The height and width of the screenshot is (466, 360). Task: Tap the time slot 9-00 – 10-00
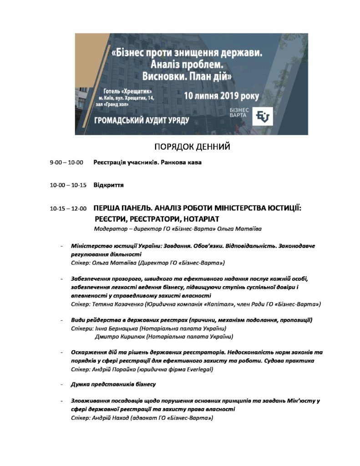(67, 162)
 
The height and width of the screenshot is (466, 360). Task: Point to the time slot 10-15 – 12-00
(68, 209)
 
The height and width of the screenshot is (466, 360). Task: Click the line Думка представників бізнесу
(114, 385)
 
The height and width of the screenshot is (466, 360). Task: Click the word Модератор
(109, 228)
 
